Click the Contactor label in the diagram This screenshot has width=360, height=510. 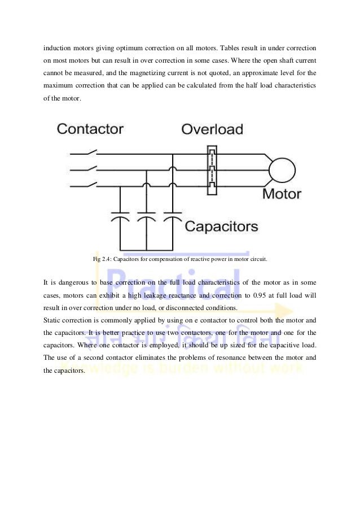(x=90, y=129)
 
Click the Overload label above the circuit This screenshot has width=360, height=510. (x=212, y=129)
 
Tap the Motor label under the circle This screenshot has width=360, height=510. (x=282, y=194)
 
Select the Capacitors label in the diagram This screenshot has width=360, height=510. (x=222, y=227)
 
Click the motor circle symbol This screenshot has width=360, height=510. (x=282, y=168)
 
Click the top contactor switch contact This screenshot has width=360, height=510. (x=90, y=152)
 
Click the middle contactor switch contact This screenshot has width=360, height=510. (x=90, y=168)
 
